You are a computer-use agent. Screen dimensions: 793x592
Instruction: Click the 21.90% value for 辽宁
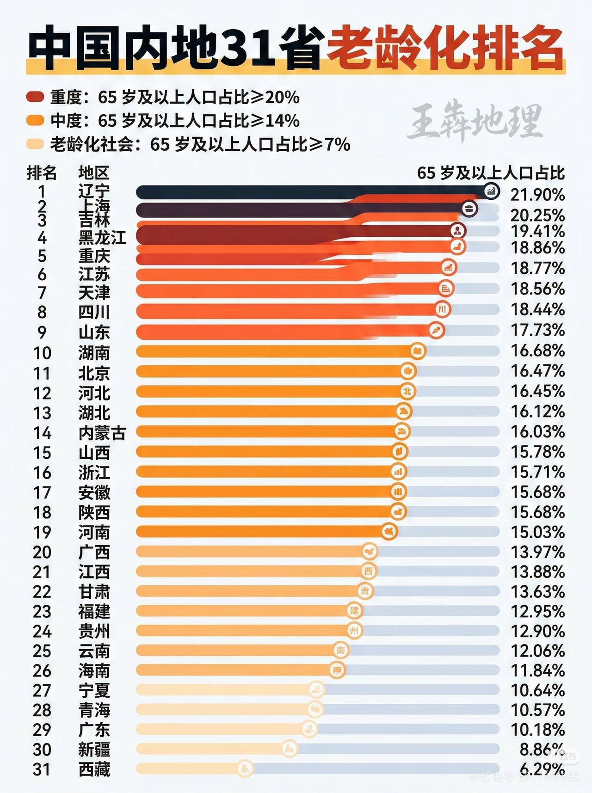[537, 195]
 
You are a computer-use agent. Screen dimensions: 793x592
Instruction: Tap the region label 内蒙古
[102, 433]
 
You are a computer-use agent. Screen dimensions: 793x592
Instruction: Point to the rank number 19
[42, 532]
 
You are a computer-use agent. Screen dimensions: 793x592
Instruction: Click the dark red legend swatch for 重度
[35, 97]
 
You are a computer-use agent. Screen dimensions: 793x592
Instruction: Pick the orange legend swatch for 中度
[35, 121]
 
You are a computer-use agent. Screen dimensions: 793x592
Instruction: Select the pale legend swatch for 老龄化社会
[35, 144]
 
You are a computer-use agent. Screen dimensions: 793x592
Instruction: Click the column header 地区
[93, 173]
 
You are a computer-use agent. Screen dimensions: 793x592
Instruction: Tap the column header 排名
[42, 173]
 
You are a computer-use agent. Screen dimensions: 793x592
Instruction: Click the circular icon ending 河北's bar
[407, 391]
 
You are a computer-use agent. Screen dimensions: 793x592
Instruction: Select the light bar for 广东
[222, 729]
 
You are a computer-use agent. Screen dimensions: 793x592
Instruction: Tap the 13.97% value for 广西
[537, 552]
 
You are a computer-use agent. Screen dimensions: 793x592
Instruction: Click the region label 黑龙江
[102, 238]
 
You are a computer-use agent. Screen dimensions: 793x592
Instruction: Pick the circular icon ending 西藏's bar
[246, 768]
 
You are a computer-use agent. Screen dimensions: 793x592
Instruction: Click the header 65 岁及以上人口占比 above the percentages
[491, 173]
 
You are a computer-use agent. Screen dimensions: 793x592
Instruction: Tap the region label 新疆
[94, 749]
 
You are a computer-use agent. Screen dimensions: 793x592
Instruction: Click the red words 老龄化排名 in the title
[445, 49]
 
